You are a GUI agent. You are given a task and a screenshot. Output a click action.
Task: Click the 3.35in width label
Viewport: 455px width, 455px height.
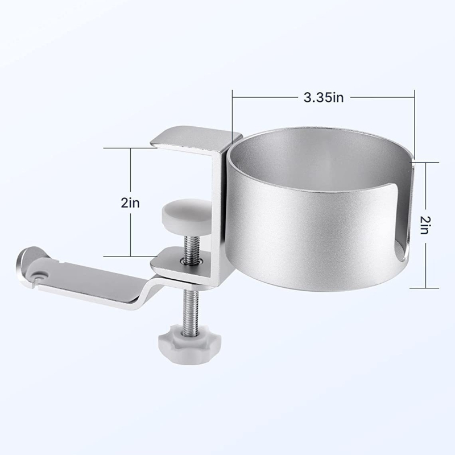click(x=322, y=98)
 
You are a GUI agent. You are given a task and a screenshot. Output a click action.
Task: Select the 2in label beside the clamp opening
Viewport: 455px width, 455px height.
click(x=131, y=201)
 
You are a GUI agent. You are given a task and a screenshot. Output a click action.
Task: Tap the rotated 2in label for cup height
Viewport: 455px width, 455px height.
click(x=424, y=224)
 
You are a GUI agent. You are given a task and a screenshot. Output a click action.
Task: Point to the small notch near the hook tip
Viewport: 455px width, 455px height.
click(x=39, y=279)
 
